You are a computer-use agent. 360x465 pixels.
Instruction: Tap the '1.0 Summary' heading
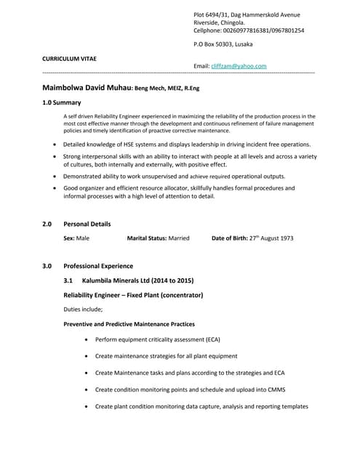point(62,103)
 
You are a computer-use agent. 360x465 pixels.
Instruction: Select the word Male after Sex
point(83,238)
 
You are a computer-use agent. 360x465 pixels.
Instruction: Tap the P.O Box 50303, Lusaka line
point(227,45)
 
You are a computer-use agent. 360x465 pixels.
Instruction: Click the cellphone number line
point(249,31)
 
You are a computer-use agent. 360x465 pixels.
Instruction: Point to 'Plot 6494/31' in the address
point(212,15)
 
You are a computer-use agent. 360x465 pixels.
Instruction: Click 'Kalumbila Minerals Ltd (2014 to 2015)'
point(137,280)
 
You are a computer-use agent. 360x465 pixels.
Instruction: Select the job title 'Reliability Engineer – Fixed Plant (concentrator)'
point(133,295)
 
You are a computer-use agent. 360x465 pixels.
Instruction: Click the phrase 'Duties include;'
point(83,310)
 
